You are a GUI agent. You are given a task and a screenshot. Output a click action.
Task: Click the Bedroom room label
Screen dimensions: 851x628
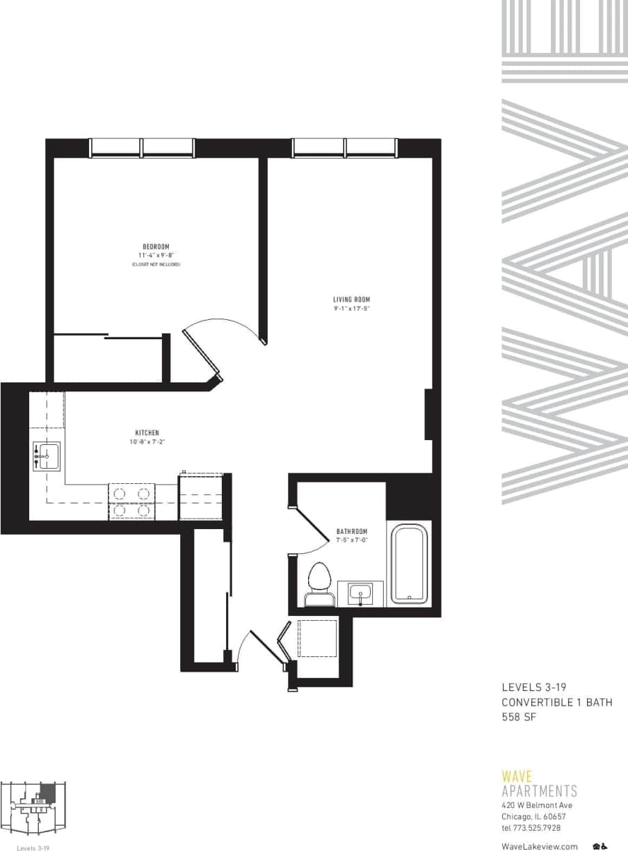pos(156,247)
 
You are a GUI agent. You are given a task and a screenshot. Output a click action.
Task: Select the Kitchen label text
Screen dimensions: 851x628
pos(147,432)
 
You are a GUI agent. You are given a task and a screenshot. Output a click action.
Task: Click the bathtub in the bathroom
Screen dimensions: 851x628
pos(410,564)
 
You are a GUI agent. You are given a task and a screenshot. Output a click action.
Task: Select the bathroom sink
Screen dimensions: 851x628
pos(360,594)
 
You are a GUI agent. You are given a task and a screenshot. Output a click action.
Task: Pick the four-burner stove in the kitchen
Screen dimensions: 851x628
pos(131,502)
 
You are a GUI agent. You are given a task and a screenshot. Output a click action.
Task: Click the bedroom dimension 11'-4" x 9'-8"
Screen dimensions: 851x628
pos(156,256)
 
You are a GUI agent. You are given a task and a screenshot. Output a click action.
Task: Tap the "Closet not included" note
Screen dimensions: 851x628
pos(156,265)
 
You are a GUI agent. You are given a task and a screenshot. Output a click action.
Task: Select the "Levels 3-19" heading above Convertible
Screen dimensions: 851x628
pos(533,688)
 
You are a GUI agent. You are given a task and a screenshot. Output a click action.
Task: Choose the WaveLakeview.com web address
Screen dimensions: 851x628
pos(539,846)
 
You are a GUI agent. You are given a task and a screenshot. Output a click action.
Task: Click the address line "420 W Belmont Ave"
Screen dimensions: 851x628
pos(537,805)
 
